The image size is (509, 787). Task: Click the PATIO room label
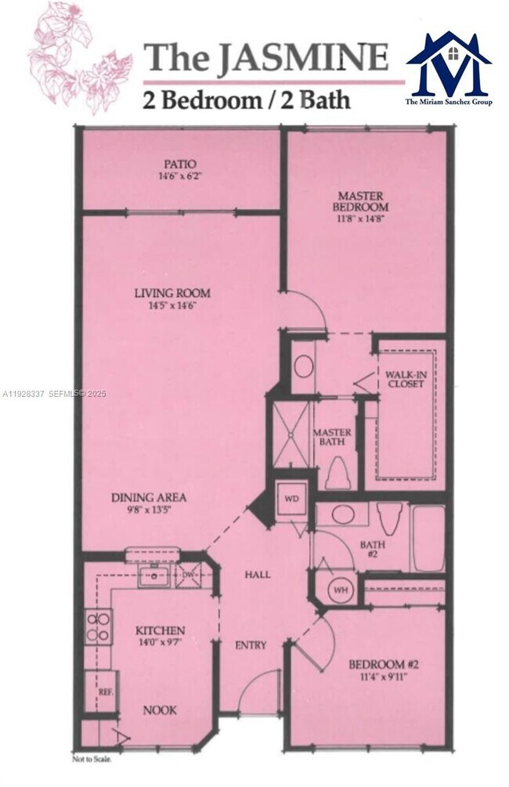point(179,164)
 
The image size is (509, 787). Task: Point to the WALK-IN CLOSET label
point(404,379)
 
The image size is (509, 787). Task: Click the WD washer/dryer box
point(291,499)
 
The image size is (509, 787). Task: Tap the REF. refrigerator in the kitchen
point(104,691)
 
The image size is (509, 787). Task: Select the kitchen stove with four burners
point(99,626)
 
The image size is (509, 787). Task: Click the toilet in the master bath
point(338,472)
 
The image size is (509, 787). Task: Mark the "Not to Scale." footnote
point(92,759)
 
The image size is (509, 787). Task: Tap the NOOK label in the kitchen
point(159,710)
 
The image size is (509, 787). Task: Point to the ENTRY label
point(251,645)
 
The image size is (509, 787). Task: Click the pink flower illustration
point(78,59)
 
